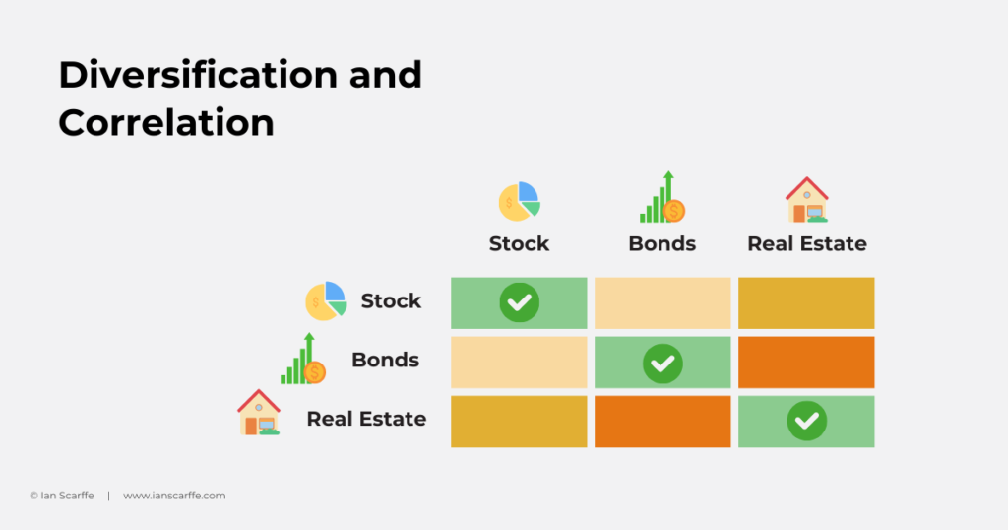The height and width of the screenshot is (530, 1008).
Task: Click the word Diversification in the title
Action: pos(198,75)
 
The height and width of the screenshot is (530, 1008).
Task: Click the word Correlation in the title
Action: pos(166,122)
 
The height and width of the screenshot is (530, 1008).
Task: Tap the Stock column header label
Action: pos(519,243)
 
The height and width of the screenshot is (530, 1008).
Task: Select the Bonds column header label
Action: pos(662,243)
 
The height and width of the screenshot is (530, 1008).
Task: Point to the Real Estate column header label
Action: pos(807,243)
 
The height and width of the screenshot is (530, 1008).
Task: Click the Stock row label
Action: pos(391,301)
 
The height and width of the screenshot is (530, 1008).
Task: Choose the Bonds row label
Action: pos(385,360)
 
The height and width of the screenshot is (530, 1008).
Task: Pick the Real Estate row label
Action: pos(366,419)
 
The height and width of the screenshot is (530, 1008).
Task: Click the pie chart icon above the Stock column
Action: pos(520,201)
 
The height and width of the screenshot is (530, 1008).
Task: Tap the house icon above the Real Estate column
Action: pos(807,200)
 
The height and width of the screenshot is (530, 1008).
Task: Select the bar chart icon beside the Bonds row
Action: pos(303,359)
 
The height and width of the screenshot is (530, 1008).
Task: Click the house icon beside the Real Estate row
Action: pos(259,413)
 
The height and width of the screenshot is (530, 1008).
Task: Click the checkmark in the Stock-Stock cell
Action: pos(520,302)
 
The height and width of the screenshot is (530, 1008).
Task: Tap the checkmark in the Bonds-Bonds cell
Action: pos(662,364)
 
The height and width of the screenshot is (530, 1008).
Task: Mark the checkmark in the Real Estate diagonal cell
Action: pos(807,421)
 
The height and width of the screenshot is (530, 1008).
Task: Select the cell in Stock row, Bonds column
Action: pos(662,303)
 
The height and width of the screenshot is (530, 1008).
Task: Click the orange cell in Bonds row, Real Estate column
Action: pos(806,363)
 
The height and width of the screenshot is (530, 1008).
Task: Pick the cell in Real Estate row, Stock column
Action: pos(519,422)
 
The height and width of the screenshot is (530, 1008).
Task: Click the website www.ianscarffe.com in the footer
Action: pos(174,496)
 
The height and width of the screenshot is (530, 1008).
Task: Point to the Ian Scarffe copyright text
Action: pos(62,496)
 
